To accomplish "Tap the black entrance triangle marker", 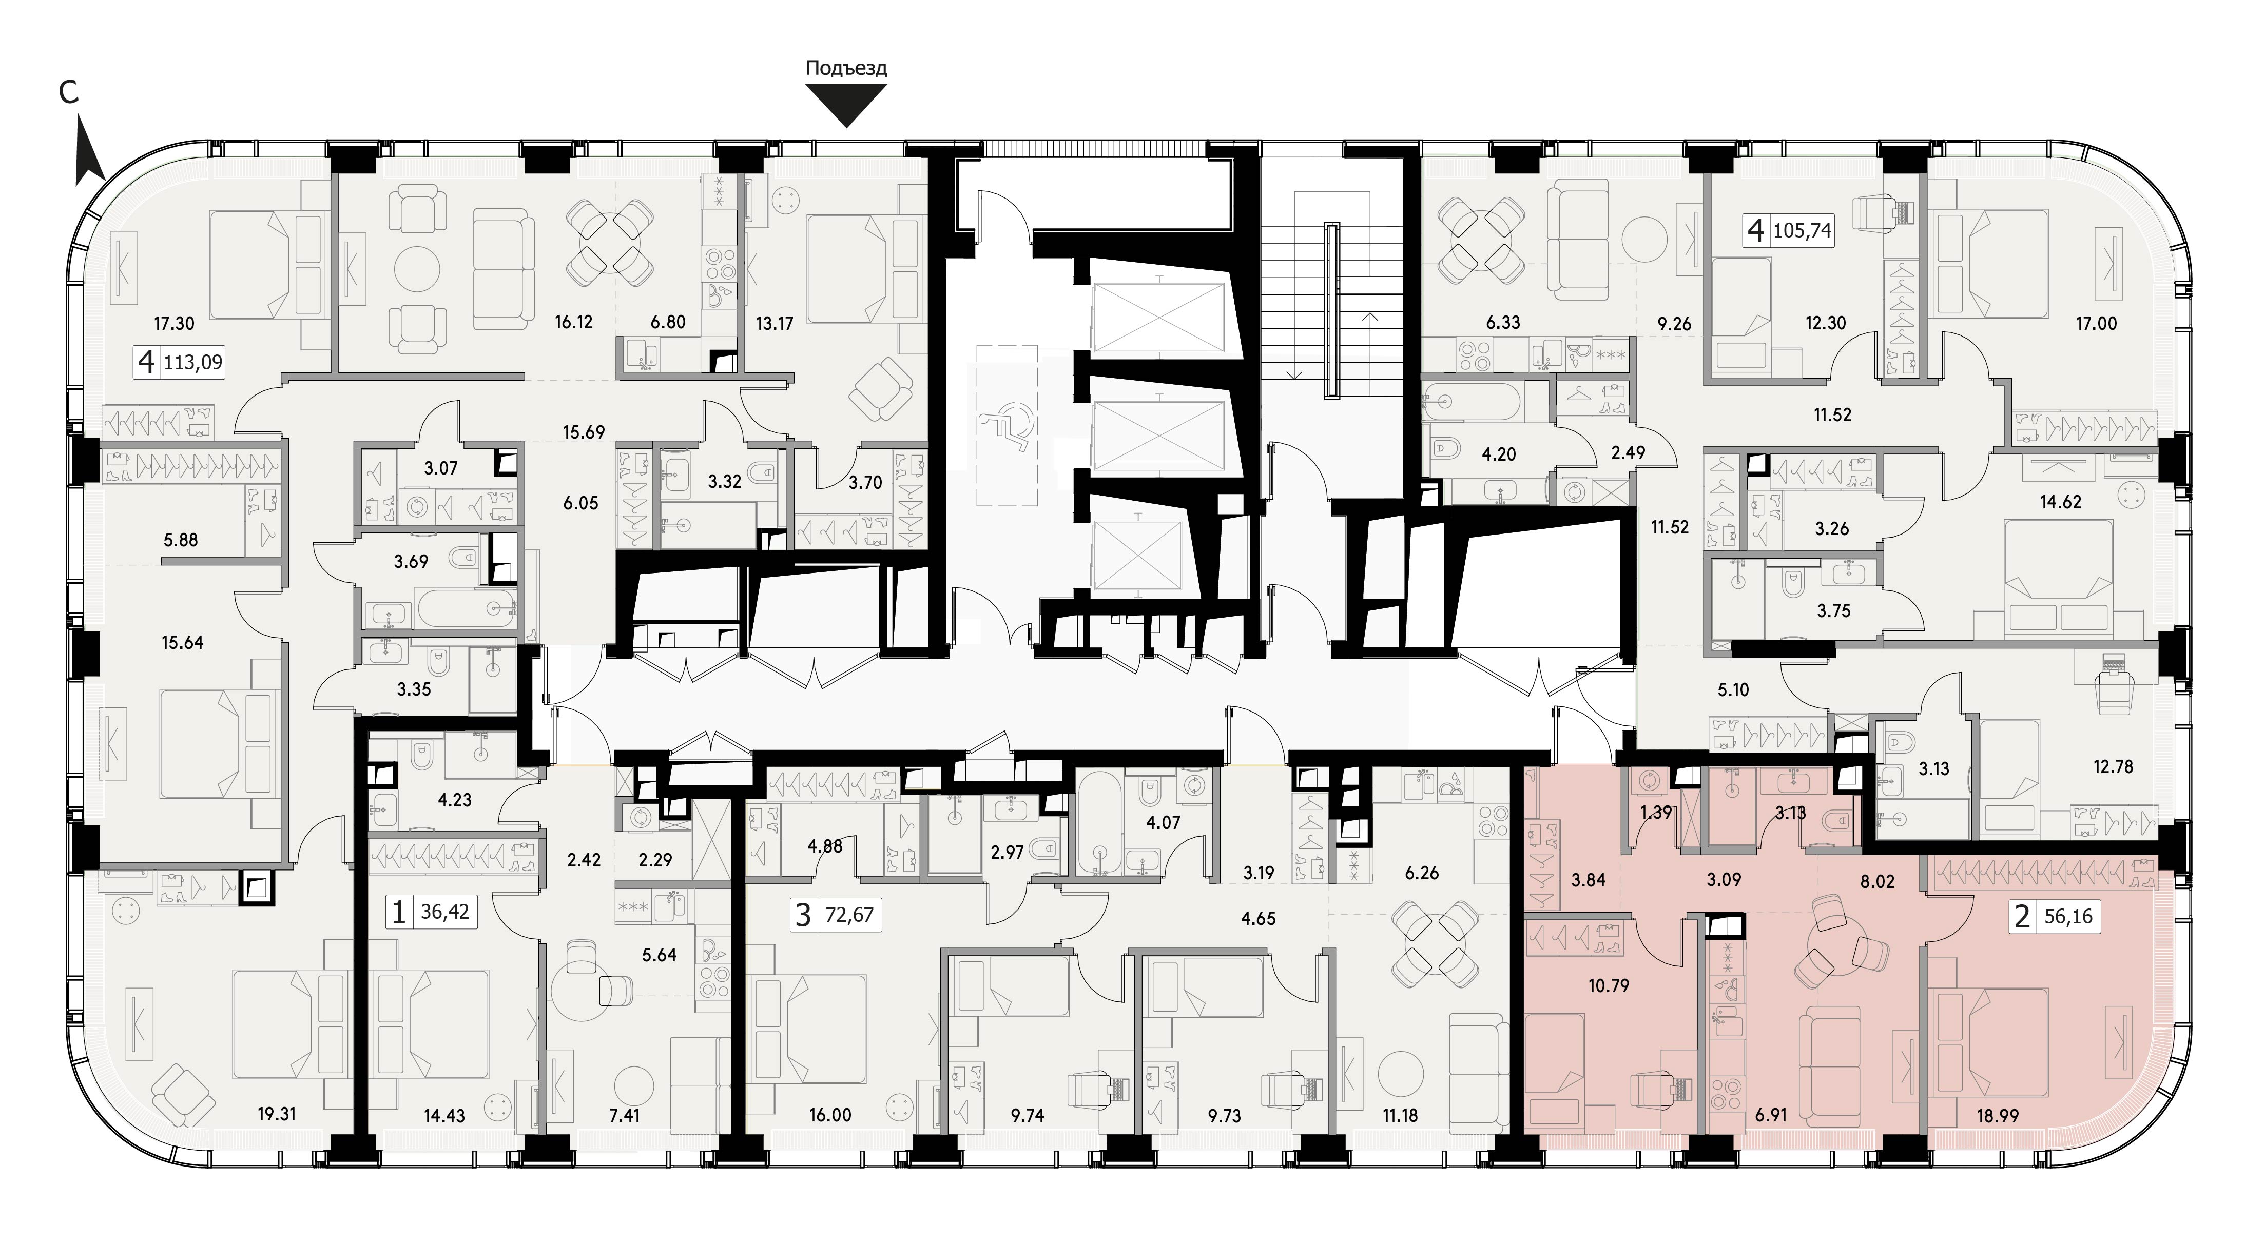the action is click(x=846, y=108).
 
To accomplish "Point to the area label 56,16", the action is click(x=2068, y=917).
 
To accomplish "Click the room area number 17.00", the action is click(x=2096, y=323).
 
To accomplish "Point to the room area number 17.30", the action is click(x=173, y=323).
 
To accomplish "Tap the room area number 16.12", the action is click(x=573, y=322).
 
